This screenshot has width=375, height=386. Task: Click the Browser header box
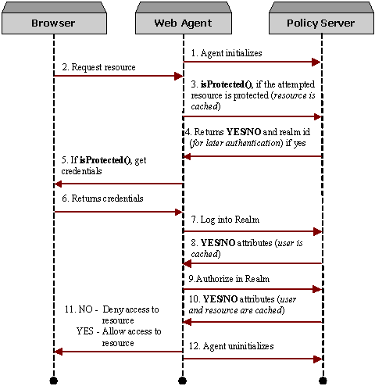(x=53, y=23)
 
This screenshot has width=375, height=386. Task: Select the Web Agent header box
(x=183, y=23)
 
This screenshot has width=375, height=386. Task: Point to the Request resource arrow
(x=117, y=76)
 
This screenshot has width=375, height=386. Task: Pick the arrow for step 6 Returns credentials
(x=117, y=211)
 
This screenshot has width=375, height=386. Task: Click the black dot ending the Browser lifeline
(x=54, y=381)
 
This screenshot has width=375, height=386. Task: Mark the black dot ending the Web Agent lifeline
(x=183, y=381)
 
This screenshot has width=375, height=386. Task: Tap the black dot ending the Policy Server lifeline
(x=322, y=381)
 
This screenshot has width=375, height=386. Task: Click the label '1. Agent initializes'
(x=227, y=52)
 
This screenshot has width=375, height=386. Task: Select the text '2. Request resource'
(x=98, y=67)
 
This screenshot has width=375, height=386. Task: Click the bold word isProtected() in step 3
(x=227, y=83)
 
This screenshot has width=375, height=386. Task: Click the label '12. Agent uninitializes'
(x=232, y=345)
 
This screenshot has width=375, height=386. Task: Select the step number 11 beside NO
(x=70, y=309)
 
